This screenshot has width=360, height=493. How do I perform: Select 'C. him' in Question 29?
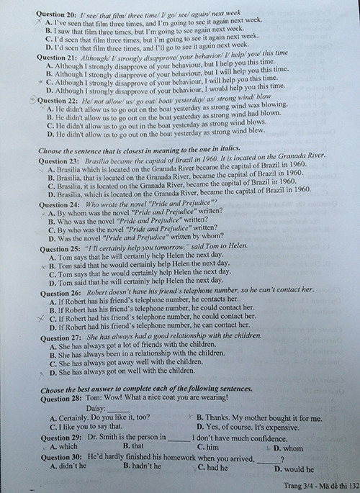(209, 447)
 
